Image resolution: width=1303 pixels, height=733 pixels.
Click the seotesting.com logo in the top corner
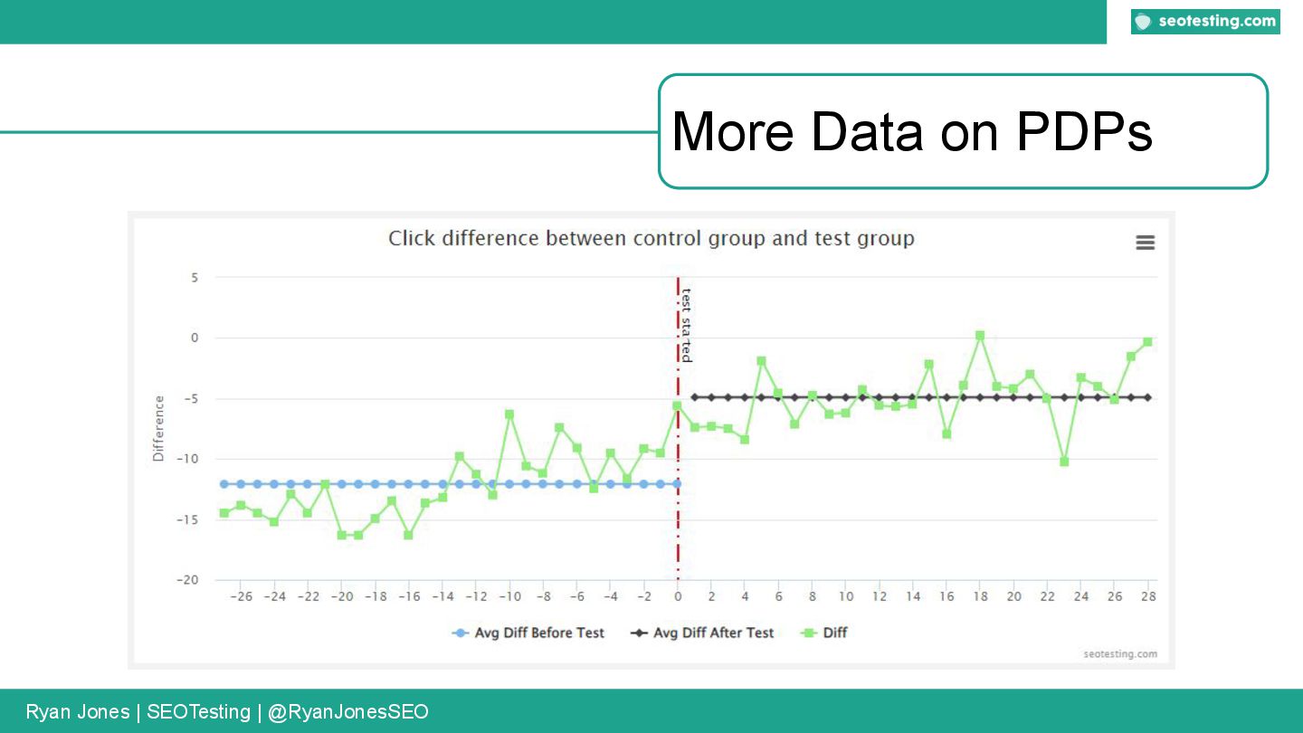[x=1205, y=22]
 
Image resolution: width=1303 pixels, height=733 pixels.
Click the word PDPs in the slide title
[x=1083, y=132]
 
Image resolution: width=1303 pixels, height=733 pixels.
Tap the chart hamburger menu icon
[x=1145, y=243]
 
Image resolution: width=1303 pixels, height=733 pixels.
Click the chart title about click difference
[x=651, y=239]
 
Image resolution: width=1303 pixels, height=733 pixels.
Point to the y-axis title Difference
[x=159, y=429]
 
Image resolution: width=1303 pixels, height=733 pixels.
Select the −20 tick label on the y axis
[x=186, y=580]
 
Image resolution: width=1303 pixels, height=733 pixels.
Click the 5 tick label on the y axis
[x=194, y=278]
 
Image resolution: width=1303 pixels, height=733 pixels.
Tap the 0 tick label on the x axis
[x=678, y=597]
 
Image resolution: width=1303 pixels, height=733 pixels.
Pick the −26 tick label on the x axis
[x=241, y=597]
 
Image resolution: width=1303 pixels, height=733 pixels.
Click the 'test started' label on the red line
[x=687, y=325]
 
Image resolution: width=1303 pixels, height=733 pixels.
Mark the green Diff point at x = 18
[x=980, y=336]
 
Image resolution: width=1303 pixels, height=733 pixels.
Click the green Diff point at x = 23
[x=1064, y=462]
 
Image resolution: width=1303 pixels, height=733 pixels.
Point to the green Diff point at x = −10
[x=509, y=414]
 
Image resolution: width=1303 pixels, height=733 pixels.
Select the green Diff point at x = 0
[x=678, y=406]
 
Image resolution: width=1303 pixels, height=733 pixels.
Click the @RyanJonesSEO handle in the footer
[x=348, y=712]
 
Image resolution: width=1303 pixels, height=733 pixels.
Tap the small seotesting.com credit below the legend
[x=1119, y=654]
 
